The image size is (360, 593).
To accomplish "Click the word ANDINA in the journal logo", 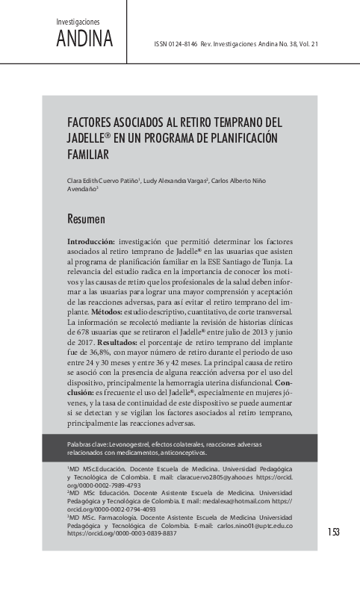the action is point(84,39).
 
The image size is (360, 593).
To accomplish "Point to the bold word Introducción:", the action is point(91,242).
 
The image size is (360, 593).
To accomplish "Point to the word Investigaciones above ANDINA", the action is point(78,22).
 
